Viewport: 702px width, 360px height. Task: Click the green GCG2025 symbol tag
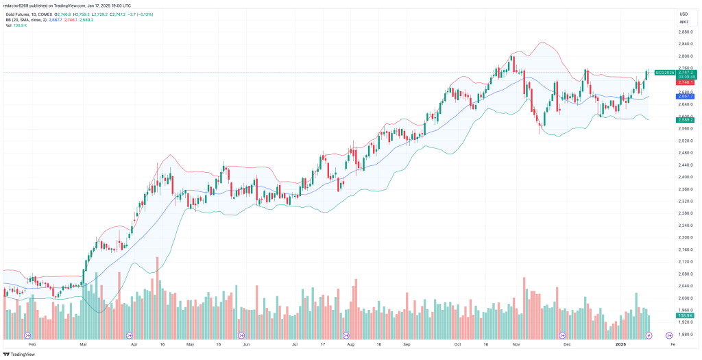(664, 72)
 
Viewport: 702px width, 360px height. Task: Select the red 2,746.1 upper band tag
(686, 82)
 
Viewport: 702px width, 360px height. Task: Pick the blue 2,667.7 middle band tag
(686, 97)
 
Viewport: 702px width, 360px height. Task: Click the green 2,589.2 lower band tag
(686, 120)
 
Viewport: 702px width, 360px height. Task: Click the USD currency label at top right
(683, 14)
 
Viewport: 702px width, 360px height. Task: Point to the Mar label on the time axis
(83, 346)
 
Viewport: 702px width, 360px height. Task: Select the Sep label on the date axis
(407, 346)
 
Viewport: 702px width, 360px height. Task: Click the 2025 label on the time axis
(621, 346)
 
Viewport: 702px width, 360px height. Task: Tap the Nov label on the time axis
(516, 346)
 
